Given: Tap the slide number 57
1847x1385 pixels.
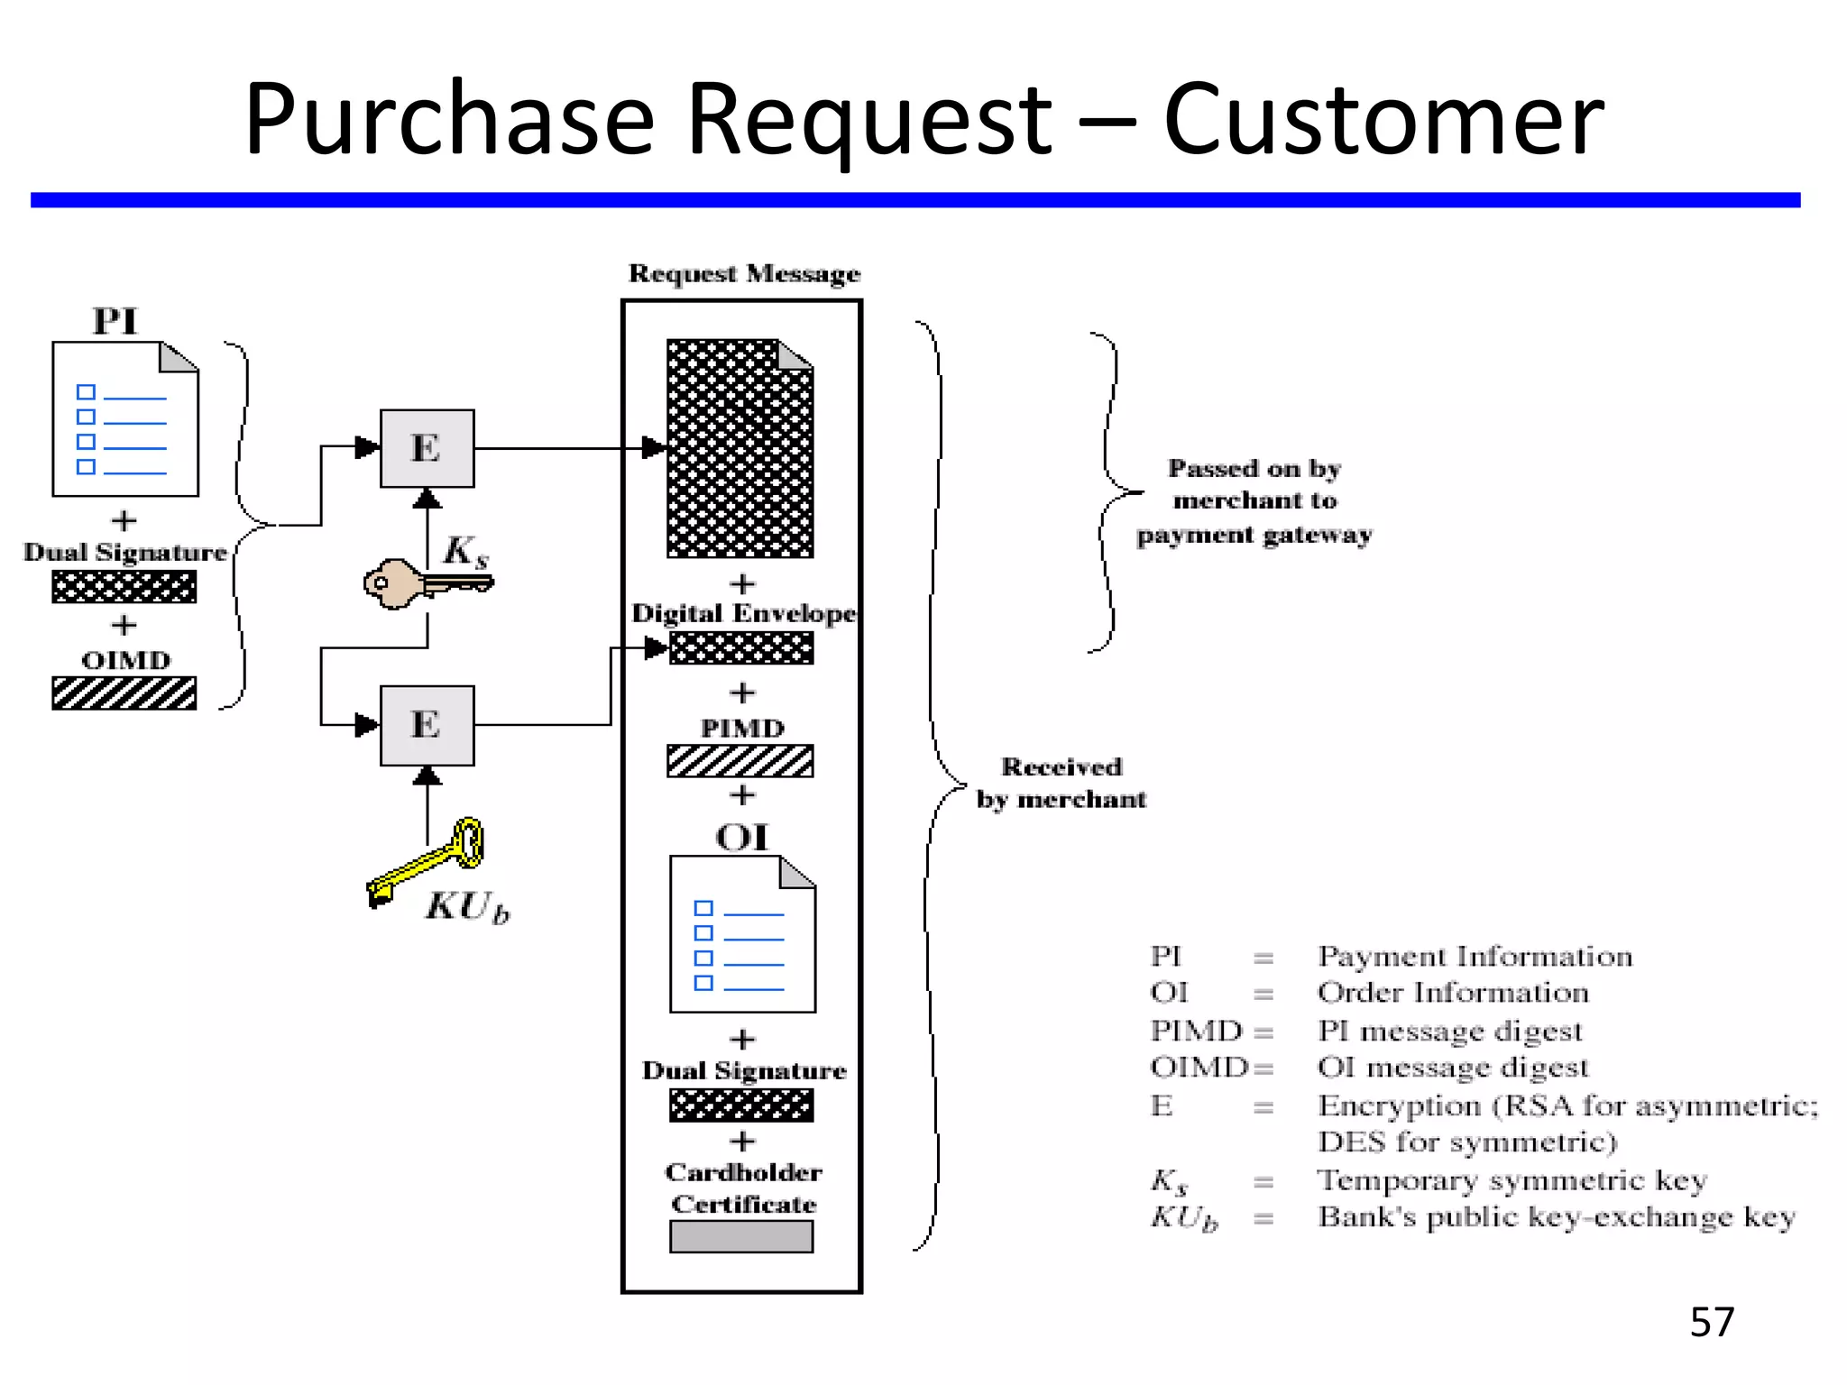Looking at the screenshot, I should [x=1711, y=1322].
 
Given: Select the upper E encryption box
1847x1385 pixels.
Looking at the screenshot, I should [x=427, y=448].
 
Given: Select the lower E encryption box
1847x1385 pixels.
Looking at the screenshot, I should [x=427, y=725].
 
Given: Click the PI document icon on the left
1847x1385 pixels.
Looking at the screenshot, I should [x=124, y=419].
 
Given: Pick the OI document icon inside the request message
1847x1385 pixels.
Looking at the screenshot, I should [x=741, y=934].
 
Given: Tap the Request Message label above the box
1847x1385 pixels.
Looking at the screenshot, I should [x=744, y=273].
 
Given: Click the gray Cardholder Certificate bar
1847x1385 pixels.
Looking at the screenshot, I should [x=740, y=1236].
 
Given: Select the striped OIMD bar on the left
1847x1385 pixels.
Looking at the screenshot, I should [x=124, y=693].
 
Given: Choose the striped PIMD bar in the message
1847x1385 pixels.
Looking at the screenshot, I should [x=740, y=760].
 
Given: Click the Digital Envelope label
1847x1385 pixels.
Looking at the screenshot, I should [x=743, y=613].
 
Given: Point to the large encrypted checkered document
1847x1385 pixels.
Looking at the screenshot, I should [x=740, y=448].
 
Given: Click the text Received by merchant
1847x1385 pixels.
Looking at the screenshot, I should [x=1061, y=783].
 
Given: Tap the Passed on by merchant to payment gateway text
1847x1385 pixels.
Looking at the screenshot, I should [x=1254, y=501].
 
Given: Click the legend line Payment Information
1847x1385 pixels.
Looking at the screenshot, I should [x=1474, y=956].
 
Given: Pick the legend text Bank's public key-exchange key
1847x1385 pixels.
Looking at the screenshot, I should [x=1556, y=1217].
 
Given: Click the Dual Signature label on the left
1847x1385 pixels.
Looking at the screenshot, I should [x=124, y=552].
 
